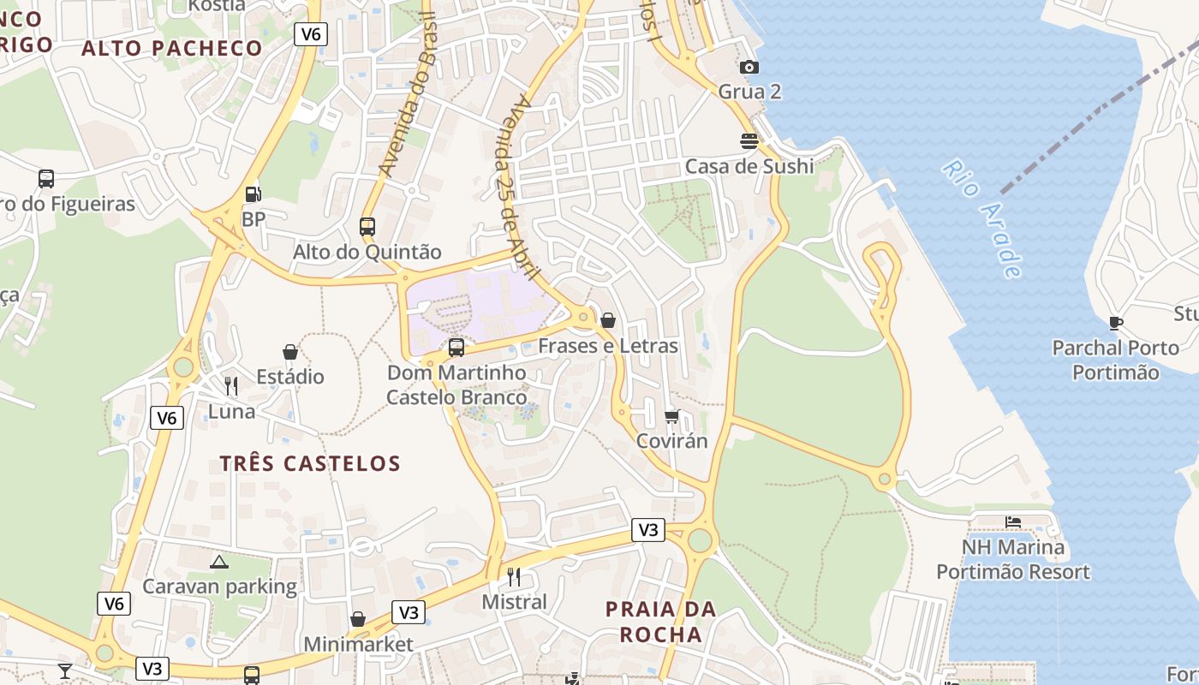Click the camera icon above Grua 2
click(749, 67)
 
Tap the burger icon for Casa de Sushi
click(749, 141)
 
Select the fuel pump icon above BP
click(253, 194)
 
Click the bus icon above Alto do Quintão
click(367, 227)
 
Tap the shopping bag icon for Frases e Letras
click(608, 320)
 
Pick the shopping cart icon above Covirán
click(672, 416)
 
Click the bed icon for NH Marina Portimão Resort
click(1013, 521)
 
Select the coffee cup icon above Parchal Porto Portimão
click(1115, 323)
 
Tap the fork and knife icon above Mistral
click(514, 576)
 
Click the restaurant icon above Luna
click(231, 386)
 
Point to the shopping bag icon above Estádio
click(290, 352)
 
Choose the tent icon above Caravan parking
click(219, 562)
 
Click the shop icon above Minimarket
click(358, 619)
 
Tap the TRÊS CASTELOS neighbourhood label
click(310, 464)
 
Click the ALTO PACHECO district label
click(171, 49)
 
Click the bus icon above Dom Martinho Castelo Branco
click(456, 348)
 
